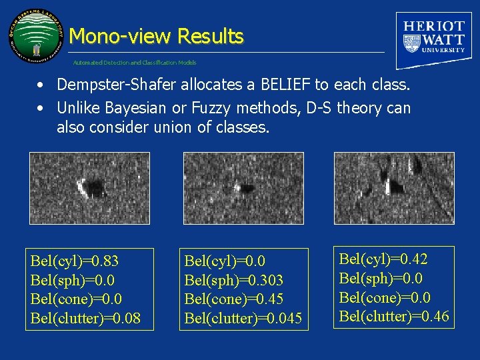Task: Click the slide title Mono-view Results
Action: click(156, 36)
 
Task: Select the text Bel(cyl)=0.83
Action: click(75, 260)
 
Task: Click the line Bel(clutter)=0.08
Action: click(85, 318)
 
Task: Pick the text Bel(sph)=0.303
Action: click(233, 279)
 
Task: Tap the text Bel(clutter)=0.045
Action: click(243, 318)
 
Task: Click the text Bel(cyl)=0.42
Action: click(383, 258)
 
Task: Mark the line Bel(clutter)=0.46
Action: click(394, 316)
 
